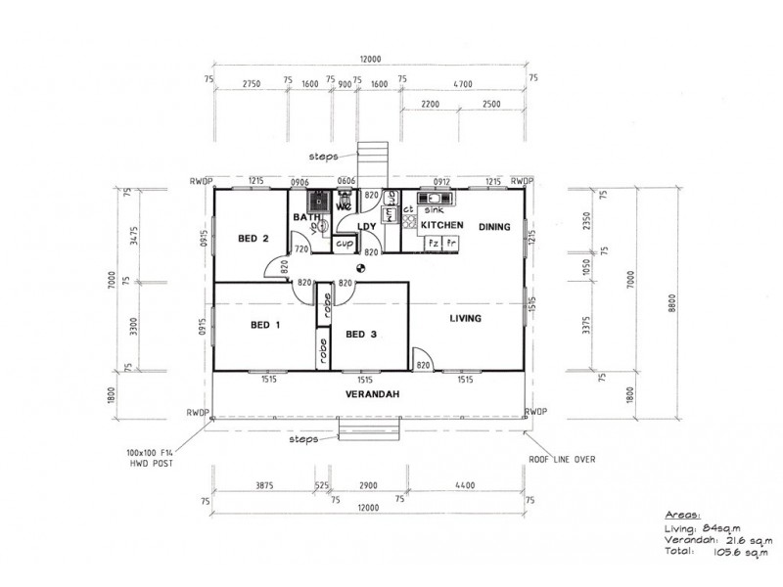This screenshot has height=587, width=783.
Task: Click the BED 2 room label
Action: coord(253,238)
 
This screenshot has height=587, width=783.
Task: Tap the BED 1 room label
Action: coord(266,325)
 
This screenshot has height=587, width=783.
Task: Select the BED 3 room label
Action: coord(361,335)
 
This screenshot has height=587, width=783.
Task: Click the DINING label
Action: coord(494,227)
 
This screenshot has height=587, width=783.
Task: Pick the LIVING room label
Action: coord(466,319)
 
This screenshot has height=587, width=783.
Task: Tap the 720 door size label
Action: coord(301,249)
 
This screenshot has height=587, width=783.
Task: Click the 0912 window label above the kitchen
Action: coord(442,181)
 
